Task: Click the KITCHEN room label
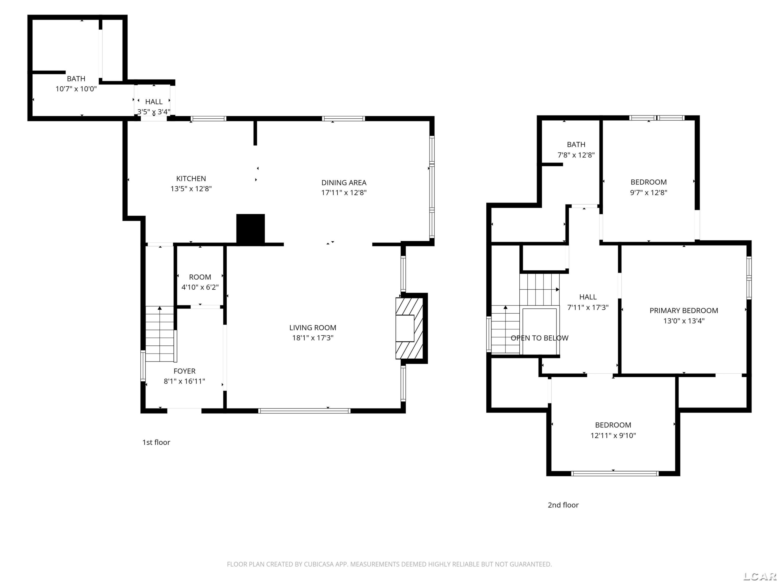tap(191, 179)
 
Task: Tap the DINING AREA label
tap(344, 183)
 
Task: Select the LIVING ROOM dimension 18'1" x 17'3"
tap(313, 338)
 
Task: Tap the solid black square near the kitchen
tap(250, 229)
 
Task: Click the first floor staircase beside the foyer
tap(160, 334)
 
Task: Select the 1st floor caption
tap(156, 443)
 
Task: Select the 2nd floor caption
tap(563, 505)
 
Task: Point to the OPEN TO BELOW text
tap(540, 338)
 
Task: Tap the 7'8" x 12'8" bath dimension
tap(576, 155)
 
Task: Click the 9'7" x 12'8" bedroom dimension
tap(649, 193)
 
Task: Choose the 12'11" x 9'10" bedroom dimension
tap(613, 436)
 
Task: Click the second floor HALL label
tap(588, 297)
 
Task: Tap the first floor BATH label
tap(76, 78)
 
